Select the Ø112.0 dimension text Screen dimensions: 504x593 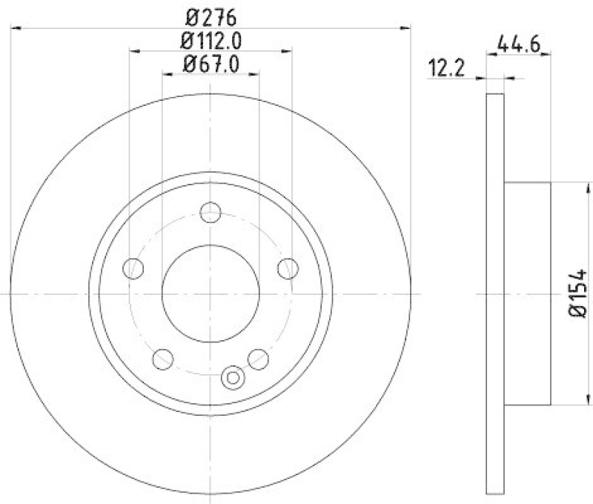(x=211, y=41)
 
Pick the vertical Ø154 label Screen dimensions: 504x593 (x=578, y=294)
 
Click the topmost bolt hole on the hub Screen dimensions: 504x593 (x=211, y=211)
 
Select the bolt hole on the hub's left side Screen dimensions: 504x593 (x=133, y=268)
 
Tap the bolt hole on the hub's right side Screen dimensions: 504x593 (x=287, y=268)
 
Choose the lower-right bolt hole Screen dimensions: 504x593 (x=258, y=359)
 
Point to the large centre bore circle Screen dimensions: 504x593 (x=211, y=294)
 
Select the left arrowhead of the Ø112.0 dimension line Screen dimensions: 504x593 (x=134, y=51)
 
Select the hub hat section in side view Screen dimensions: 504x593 (x=528, y=294)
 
